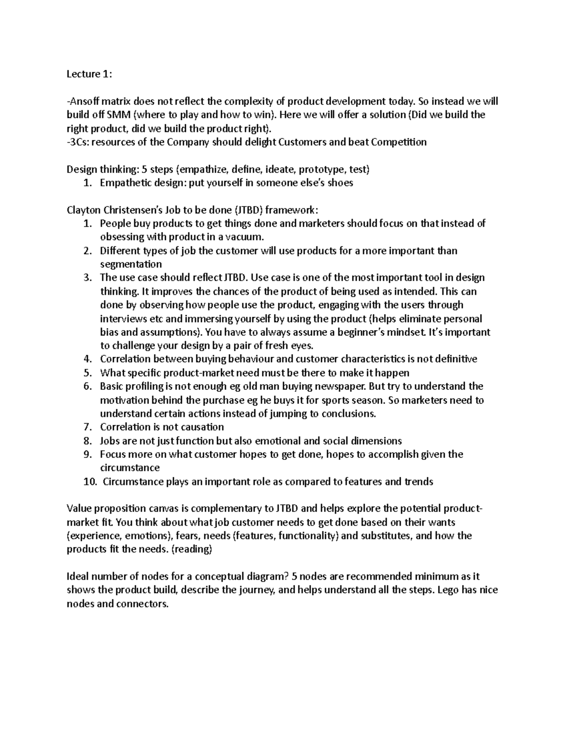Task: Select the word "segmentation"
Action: [131, 264]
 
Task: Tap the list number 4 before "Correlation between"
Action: [87, 359]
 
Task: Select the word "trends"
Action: [418, 482]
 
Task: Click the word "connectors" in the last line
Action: [146, 604]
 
